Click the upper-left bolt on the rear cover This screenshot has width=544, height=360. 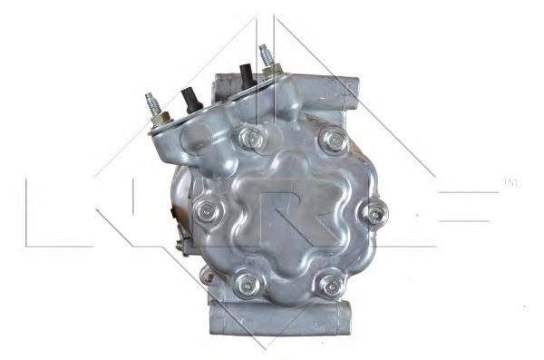251,139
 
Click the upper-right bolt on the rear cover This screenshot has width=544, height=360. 335,140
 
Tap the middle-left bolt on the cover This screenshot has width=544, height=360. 207,210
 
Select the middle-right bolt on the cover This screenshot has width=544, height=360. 375,212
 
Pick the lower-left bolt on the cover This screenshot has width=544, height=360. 247,285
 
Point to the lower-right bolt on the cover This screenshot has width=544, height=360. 332,286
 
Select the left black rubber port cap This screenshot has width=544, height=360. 190,100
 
